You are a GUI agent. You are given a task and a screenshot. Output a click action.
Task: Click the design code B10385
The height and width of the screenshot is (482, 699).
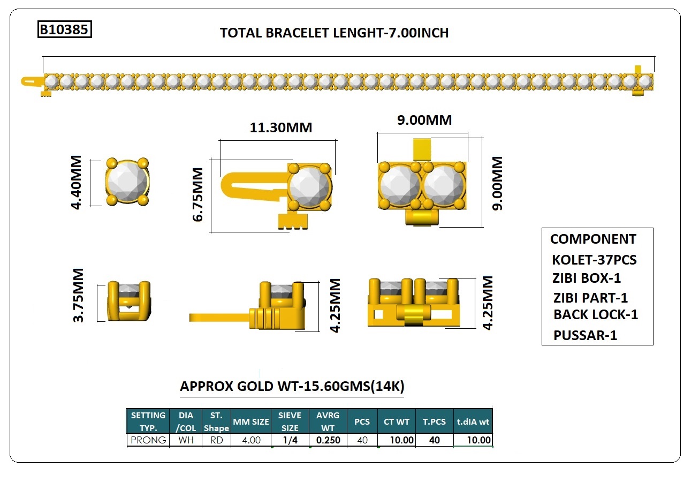[64, 29]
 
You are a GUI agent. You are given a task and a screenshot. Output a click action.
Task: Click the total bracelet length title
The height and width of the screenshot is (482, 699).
[334, 33]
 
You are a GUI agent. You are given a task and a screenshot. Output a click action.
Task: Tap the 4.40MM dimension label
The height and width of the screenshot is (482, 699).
[76, 183]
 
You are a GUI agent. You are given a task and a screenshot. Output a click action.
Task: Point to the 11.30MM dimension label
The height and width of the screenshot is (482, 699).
[280, 128]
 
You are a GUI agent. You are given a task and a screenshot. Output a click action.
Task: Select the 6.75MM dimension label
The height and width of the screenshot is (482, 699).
[199, 194]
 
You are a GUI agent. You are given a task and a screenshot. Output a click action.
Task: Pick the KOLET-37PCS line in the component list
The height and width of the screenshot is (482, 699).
[594, 260]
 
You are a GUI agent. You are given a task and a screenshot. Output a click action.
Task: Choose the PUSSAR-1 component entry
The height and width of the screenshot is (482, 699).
[585, 336]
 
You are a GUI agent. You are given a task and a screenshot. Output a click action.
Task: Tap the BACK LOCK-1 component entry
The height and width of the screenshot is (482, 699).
[595, 315]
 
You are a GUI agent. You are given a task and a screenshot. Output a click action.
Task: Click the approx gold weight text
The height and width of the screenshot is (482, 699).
[292, 387]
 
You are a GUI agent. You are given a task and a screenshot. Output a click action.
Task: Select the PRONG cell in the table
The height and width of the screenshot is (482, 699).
[148, 440]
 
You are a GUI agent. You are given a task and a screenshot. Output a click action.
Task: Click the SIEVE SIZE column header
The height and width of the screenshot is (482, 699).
[290, 421]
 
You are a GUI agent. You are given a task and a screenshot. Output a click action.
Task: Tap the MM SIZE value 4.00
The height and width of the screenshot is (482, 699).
[251, 440]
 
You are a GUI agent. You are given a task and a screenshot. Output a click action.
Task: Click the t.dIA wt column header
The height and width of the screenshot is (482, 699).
[473, 421]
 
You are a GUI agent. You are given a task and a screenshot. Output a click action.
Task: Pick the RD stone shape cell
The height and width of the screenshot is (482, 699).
[216, 440]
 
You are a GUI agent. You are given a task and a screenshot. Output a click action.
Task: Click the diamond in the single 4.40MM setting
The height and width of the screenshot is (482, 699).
[127, 182]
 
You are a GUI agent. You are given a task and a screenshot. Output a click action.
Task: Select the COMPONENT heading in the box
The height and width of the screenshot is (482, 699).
[593, 239]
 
